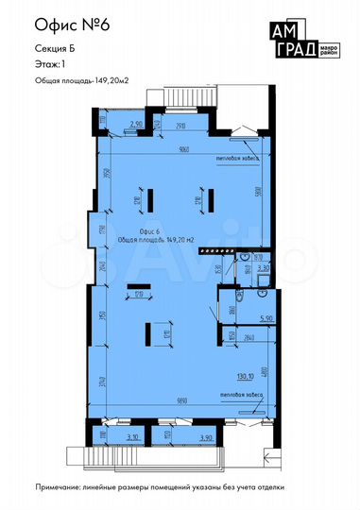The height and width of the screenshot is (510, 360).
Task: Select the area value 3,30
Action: pos(265,269)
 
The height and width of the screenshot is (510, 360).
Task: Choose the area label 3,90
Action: pos(205,437)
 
